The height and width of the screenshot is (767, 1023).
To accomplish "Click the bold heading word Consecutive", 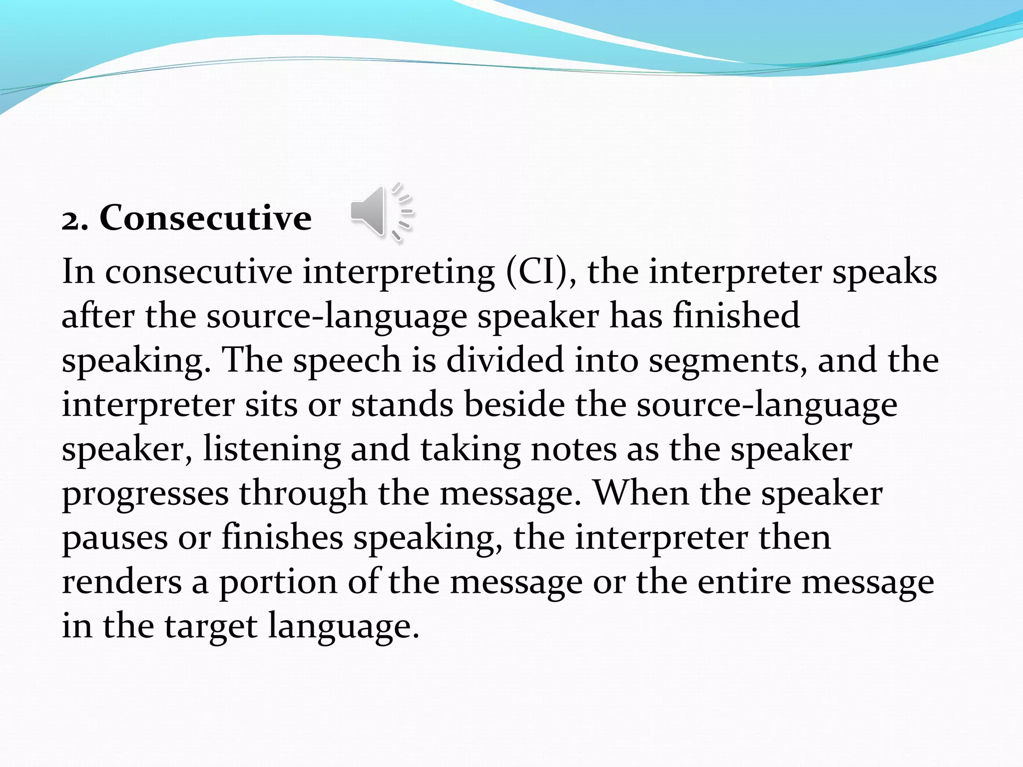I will pos(205,218).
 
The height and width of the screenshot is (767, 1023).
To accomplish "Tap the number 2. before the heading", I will pos(75,220).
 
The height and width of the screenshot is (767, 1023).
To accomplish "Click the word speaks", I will pos(885,272).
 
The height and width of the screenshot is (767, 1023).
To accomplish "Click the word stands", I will pos(402,404).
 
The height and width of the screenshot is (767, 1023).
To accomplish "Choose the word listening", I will pos(272,449).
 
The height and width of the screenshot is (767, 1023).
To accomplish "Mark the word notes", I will pos(573,449).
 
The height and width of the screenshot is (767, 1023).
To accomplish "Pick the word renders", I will pos(121,582).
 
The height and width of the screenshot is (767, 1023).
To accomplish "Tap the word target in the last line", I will pos(210,627).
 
